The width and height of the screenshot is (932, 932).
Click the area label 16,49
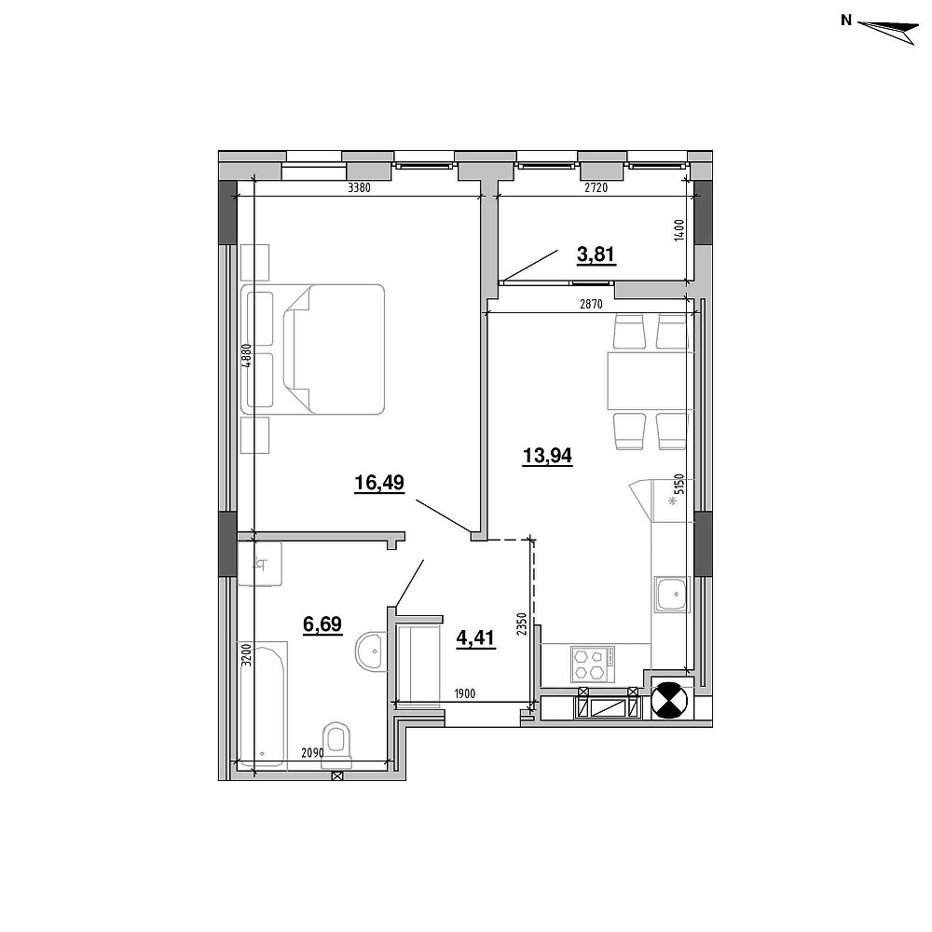(379, 483)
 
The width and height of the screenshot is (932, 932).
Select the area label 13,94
(547, 456)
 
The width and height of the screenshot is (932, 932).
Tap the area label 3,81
(596, 254)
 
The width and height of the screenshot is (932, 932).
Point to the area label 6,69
(322, 624)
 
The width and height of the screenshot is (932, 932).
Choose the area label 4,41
(475, 638)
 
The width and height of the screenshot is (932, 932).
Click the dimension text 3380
(359, 188)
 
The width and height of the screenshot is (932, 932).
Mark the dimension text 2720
(596, 188)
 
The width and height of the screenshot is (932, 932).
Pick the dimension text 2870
(591, 305)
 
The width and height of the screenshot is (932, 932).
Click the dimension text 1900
(464, 693)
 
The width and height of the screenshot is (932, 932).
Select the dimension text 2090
(312, 753)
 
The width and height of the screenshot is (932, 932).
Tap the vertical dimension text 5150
(680, 485)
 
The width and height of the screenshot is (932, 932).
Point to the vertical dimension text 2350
(522, 624)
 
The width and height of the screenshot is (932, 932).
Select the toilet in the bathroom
(336, 745)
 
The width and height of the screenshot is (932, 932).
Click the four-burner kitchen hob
(593, 664)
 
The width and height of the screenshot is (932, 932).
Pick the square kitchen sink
(671, 594)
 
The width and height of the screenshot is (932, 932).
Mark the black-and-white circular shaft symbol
(670, 701)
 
